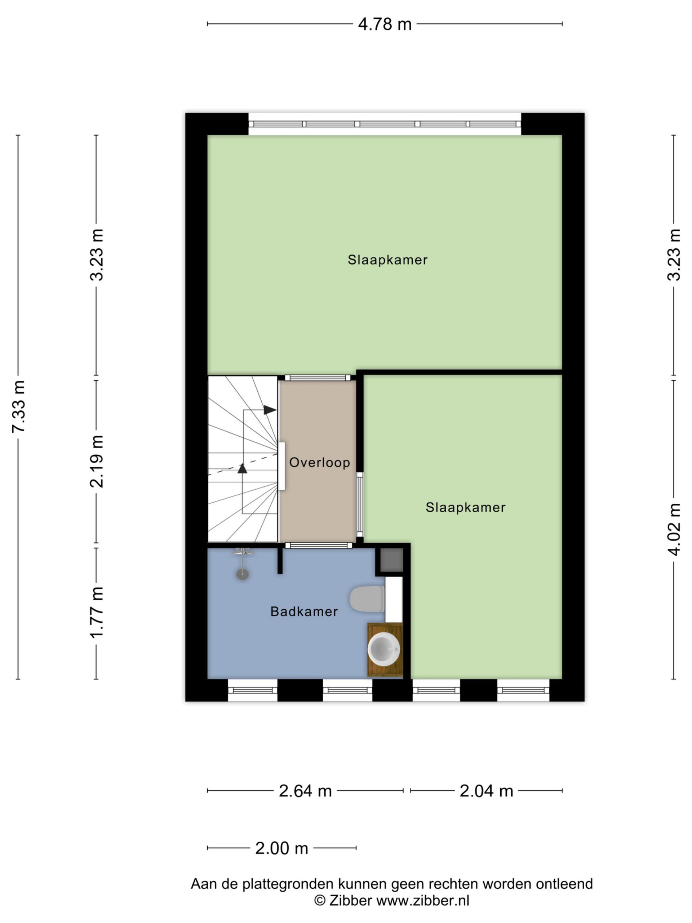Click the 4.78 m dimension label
tap(385, 24)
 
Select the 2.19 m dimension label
tap(96, 461)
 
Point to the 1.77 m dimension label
tap(96, 612)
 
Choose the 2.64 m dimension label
tap(305, 791)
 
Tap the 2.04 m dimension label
tap(486, 791)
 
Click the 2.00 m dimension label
tap(281, 848)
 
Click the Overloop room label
tap(320, 462)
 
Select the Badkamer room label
tap(304, 611)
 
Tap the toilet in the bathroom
tap(367, 599)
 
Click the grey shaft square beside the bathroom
tap(392, 560)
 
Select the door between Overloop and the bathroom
tap(318, 545)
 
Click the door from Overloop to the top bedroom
tap(318, 377)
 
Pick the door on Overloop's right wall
tap(360, 504)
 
